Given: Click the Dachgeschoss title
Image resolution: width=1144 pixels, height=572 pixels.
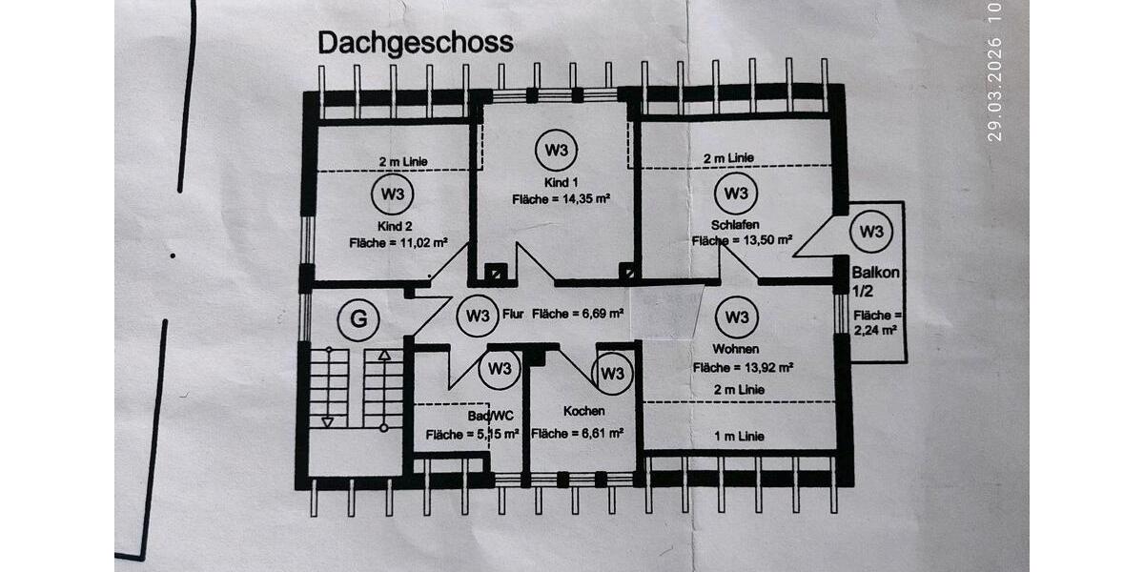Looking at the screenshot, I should click(x=415, y=43).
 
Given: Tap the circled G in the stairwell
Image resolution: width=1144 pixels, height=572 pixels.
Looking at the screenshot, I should click(x=357, y=319).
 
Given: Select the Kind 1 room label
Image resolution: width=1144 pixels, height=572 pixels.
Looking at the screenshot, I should click(x=561, y=182).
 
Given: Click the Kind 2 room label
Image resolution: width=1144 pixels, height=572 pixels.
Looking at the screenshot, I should click(x=394, y=226).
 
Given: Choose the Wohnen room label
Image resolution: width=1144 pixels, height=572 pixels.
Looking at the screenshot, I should click(x=734, y=348).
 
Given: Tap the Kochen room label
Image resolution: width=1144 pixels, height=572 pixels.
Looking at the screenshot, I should click(x=582, y=411).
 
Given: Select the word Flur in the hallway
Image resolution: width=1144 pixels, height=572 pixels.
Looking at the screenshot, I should click(x=513, y=314).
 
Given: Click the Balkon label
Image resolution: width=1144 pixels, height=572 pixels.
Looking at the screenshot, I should click(x=876, y=272).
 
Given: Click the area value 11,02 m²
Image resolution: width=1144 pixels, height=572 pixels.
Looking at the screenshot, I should click(x=423, y=244).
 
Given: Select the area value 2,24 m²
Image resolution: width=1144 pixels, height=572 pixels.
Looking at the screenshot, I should click(x=876, y=331).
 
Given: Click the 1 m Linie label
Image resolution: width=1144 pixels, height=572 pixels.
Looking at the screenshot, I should click(x=740, y=436).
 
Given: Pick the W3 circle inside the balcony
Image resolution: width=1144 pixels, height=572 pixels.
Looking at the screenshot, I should click(x=869, y=232).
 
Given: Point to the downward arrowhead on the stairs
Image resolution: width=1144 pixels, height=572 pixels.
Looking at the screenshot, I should click(x=328, y=420).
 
